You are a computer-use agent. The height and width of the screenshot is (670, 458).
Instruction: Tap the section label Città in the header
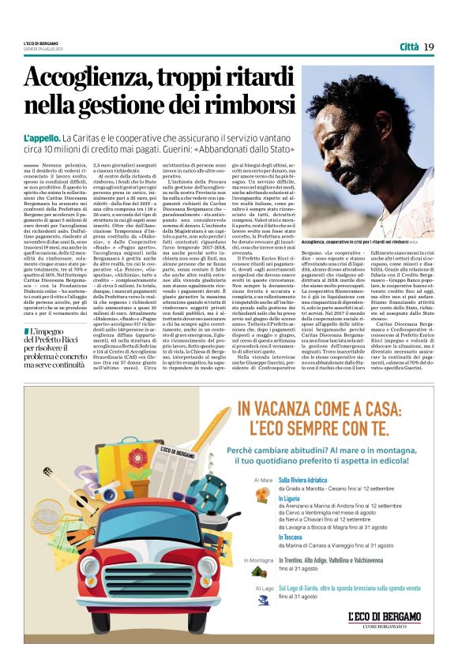[x=407, y=47]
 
